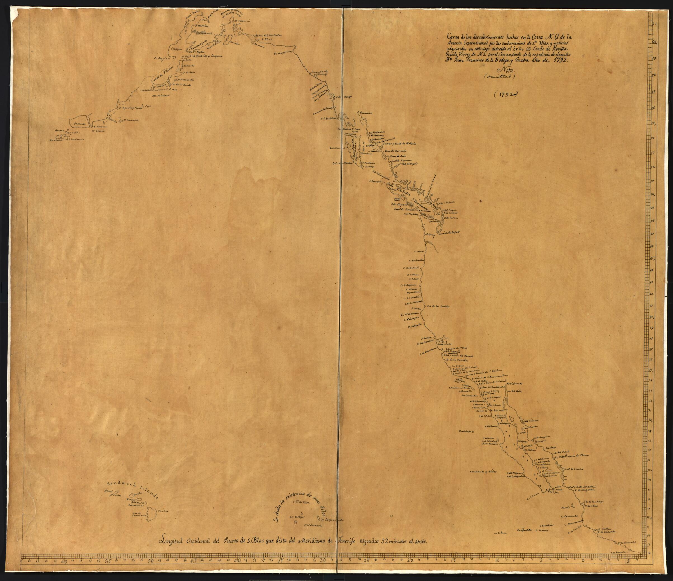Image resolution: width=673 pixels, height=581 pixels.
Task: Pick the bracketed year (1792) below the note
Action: click(506, 95)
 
